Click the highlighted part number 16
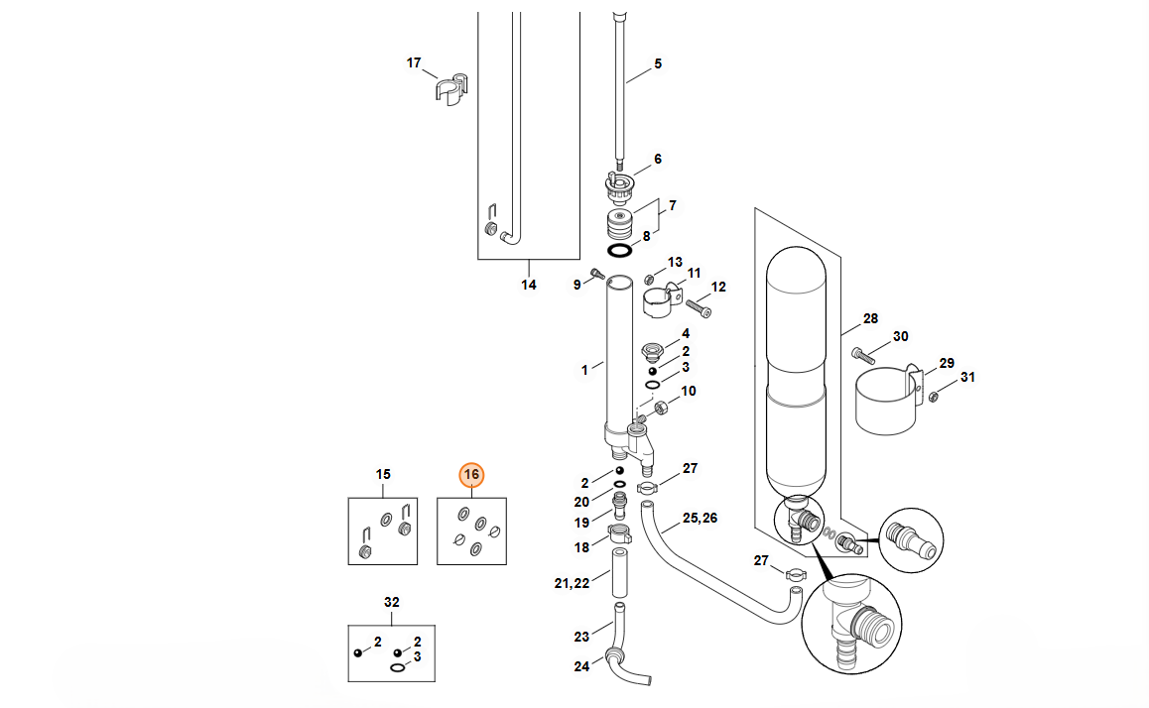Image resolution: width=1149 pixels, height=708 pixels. coord(471,475)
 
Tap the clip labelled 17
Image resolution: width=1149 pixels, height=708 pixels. coord(451,88)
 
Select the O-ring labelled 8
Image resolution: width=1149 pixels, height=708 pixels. coord(620,251)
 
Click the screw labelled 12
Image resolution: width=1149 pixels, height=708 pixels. coord(699,308)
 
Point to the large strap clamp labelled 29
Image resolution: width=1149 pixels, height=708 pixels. coord(887,402)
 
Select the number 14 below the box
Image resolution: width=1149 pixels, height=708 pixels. coord(529,285)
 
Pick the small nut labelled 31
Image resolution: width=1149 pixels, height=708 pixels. coord(934,397)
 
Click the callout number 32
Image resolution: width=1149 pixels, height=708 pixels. coord(392,603)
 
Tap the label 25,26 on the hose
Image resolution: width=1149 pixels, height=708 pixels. coord(700,519)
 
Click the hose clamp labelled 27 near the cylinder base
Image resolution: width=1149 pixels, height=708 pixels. coord(647,488)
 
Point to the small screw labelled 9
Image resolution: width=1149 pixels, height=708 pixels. coord(597,275)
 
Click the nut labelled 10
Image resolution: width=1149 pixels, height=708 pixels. coord(659,408)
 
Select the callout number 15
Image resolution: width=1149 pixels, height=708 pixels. coord(383,474)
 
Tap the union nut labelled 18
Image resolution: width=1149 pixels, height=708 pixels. coord(620,533)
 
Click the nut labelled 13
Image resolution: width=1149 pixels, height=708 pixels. coord(649,279)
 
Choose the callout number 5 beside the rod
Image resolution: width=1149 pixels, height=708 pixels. coord(658,64)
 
